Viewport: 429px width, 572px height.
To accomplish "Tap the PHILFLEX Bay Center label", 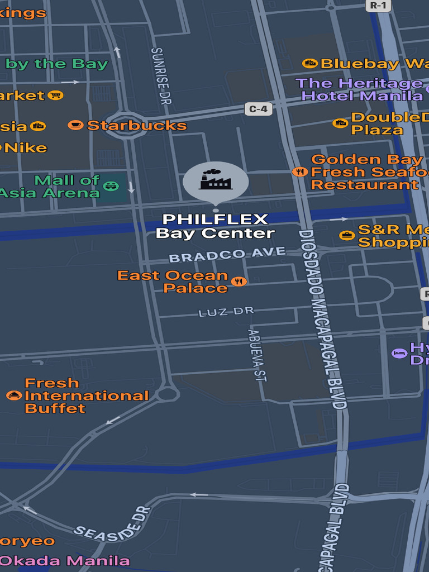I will (215, 226).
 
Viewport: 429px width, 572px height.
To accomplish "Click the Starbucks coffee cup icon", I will (75, 125).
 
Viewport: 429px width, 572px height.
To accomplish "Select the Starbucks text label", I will (136, 126).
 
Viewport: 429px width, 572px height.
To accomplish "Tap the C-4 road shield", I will (258, 109).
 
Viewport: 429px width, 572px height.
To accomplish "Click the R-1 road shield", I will (379, 5).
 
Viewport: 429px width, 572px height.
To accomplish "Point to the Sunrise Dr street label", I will (161, 75).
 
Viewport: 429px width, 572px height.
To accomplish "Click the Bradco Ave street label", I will (227, 255).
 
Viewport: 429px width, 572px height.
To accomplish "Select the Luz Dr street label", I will (226, 312).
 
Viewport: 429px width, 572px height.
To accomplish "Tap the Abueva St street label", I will (256, 355).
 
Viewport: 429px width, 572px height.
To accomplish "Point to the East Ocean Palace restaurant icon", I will (239, 281).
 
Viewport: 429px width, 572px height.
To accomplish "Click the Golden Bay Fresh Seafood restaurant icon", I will (300, 171).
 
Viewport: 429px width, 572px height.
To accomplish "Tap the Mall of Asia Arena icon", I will (111, 186).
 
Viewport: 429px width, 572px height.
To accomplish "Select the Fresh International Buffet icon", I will (14, 395).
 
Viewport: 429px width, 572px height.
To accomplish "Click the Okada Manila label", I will (65, 560).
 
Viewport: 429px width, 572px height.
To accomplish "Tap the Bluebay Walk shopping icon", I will (310, 64).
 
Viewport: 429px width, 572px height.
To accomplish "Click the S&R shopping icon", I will (347, 235).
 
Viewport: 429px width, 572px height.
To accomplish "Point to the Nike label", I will (25, 148).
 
